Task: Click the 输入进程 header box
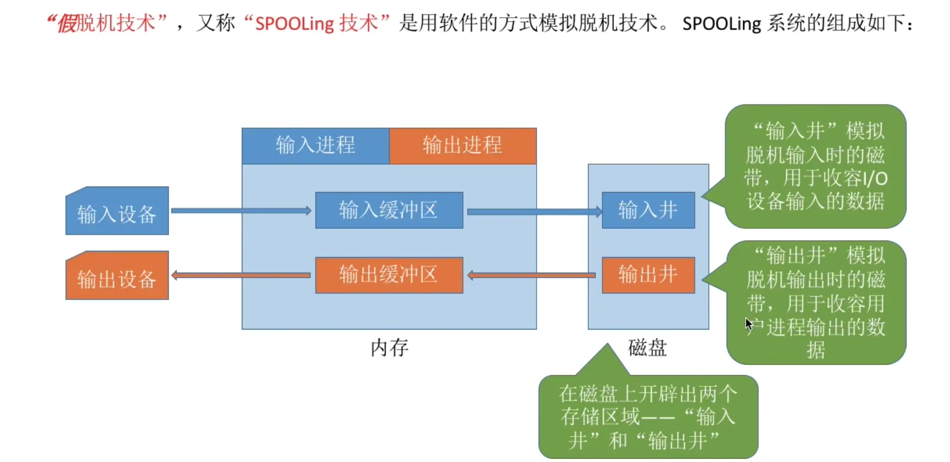pos(315,146)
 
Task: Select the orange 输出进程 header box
pos(462,146)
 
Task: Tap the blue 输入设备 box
pos(117,212)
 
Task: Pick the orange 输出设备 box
pos(117,277)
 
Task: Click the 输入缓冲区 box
pos(389,210)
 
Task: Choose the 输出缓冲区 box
pos(389,275)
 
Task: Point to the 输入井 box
pos(648,210)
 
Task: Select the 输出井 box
pos(648,275)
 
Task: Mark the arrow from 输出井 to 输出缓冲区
pos(532,275)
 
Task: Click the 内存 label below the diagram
pos(389,348)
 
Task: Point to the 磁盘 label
pos(647,348)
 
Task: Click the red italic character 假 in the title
pos(67,24)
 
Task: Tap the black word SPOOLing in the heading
pos(722,24)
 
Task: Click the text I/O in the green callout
pos(875,179)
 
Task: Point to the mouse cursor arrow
pos(748,323)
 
